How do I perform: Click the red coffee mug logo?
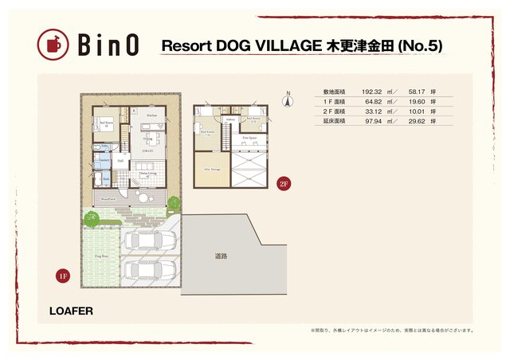pyautogui.click(x=53, y=45)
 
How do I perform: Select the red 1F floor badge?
pyautogui.click(x=63, y=276)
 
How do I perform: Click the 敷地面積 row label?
pyautogui.click(x=335, y=92)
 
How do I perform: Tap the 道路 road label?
pyautogui.click(x=221, y=256)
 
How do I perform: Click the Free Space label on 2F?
pyautogui.click(x=249, y=138)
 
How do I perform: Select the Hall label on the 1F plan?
pyautogui.click(x=120, y=160)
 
